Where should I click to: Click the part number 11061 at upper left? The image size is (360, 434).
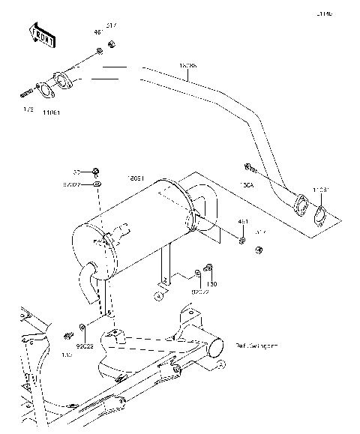pos(51,112)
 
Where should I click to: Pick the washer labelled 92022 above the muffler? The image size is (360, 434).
pos(98,184)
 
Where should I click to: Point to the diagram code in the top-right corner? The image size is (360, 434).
pos(344,13)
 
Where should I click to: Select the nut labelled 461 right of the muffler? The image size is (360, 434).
pos(244,240)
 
